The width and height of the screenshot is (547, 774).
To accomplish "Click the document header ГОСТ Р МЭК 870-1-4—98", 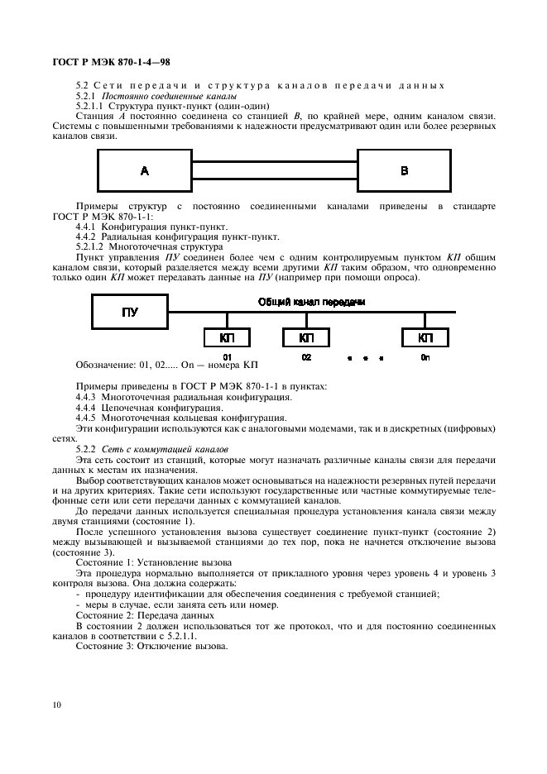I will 112,62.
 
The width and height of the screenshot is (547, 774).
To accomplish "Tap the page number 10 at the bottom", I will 56,705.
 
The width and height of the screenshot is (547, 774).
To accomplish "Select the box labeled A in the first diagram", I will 144,171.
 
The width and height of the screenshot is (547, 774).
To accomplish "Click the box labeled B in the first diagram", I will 404,171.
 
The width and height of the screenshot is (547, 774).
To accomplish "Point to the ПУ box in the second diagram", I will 130,312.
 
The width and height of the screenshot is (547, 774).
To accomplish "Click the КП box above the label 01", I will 227,337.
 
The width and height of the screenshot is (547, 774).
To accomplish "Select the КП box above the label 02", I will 306,337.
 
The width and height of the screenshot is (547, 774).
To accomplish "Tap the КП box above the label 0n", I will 425,337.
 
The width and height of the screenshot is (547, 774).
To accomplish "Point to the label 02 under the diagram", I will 306,356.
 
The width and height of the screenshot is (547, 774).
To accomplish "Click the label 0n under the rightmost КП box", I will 425,356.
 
